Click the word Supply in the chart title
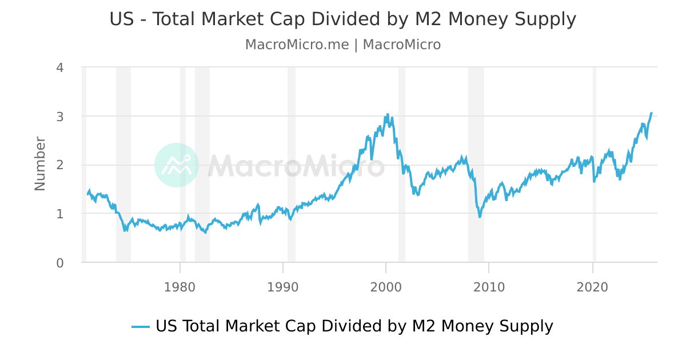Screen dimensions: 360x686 click(x=544, y=19)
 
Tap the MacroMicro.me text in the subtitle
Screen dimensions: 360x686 click(x=297, y=45)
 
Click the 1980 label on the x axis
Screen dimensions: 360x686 click(x=180, y=287)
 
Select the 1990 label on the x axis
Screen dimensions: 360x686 click(x=283, y=287)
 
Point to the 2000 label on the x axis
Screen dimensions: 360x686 click(x=386, y=287)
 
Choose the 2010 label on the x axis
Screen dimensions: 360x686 click(x=489, y=287)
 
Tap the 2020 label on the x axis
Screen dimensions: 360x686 click(x=593, y=287)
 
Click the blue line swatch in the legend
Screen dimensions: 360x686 click(x=141, y=327)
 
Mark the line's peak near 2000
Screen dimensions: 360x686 click(x=387, y=114)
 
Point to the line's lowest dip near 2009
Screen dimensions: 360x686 click(x=480, y=217)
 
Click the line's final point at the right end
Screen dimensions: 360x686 click(x=651, y=113)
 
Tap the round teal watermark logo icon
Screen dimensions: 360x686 click(x=177, y=165)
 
